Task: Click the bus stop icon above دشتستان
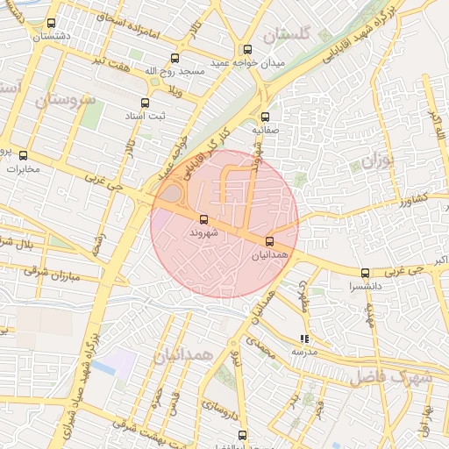click(50, 24)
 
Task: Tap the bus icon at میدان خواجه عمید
click(247, 49)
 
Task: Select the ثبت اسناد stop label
click(170, 116)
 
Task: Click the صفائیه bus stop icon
click(265, 116)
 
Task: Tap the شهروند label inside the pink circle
click(203, 234)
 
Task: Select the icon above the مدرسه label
click(304, 338)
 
